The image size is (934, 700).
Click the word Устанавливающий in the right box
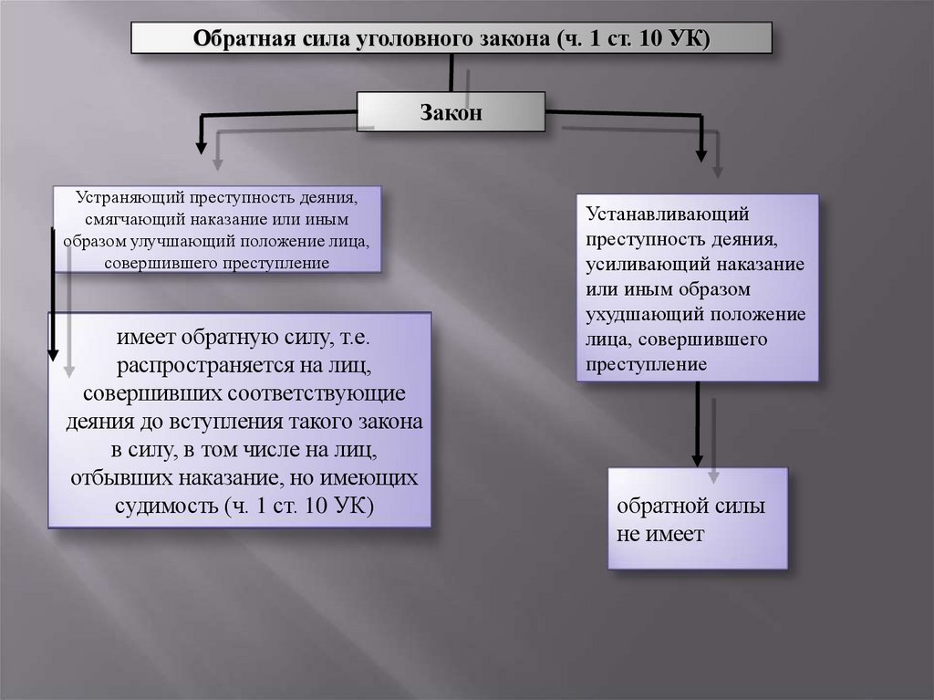tap(669, 215)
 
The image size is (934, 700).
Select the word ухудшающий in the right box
tap(646, 315)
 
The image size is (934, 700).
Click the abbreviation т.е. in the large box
tap(368, 339)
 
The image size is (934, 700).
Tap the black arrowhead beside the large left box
tap(53, 351)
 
